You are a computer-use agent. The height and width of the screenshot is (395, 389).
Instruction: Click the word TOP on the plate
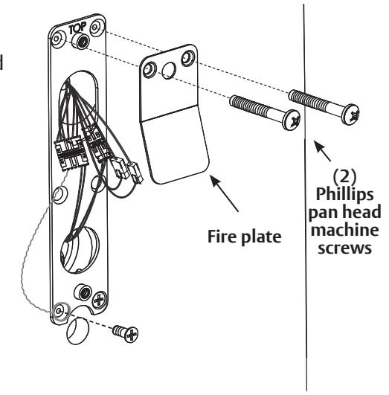click(x=77, y=28)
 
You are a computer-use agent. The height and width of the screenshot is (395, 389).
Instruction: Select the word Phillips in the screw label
click(x=344, y=194)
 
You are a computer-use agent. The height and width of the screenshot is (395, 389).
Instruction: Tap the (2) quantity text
click(x=344, y=176)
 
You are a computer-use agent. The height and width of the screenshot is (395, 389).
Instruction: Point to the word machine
click(x=344, y=231)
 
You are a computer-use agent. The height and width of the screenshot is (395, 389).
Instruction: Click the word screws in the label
click(x=344, y=248)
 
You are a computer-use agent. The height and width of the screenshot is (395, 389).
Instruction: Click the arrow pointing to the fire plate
click(x=224, y=193)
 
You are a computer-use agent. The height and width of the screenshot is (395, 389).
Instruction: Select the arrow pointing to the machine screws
click(x=322, y=151)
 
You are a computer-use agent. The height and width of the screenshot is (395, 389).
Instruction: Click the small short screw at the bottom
click(x=126, y=333)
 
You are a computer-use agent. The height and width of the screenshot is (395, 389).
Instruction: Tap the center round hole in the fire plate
click(x=169, y=71)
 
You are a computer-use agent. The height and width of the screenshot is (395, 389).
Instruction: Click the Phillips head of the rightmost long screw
click(x=350, y=115)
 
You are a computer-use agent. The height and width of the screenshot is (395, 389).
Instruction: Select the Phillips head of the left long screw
click(x=292, y=120)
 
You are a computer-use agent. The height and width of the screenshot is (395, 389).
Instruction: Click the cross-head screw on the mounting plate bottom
click(x=99, y=300)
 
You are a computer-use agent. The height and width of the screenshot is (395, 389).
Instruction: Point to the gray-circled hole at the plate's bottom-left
click(x=60, y=312)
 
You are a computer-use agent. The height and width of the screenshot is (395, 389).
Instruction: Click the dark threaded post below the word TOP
click(x=80, y=42)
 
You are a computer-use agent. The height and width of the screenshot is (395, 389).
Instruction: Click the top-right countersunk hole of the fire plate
click(x=188, y=58)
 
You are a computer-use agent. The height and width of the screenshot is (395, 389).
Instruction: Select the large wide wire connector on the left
click(x=71, y=152)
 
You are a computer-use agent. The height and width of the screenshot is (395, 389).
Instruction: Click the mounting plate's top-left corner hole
click(x=57, y=39)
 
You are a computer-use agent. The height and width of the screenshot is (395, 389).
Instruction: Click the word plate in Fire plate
click(x=261, y=237)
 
